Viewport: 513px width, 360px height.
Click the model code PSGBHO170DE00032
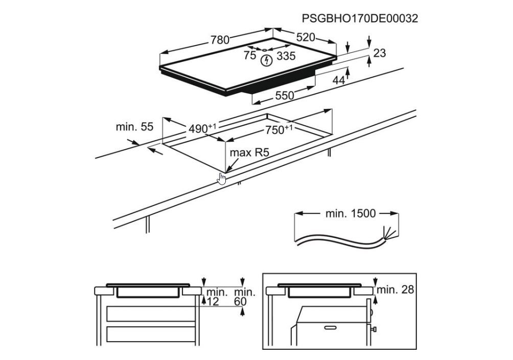coord(360,18)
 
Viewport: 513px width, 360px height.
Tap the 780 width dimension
coord(220,39)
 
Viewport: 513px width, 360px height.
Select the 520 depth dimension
coord(305,37)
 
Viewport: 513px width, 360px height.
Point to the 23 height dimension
coord(380,53)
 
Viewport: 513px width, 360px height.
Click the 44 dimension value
coord(339,80)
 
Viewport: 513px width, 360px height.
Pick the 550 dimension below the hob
coord(285,95)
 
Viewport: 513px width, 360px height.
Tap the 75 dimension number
coord(249,55)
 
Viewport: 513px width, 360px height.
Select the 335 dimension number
coord(286,56)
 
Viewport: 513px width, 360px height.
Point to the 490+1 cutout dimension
coord(202,128)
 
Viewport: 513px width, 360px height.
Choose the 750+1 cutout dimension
coord(278,130)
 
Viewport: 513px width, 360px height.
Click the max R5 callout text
coord(249,152)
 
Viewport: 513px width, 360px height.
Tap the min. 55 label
coord(134,127)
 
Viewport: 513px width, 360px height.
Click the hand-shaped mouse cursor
coord(222,179)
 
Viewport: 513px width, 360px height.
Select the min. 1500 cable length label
coord(351,213)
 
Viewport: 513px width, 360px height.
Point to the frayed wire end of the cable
coord(391,234)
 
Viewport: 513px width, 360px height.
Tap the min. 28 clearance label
coord(395,289)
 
